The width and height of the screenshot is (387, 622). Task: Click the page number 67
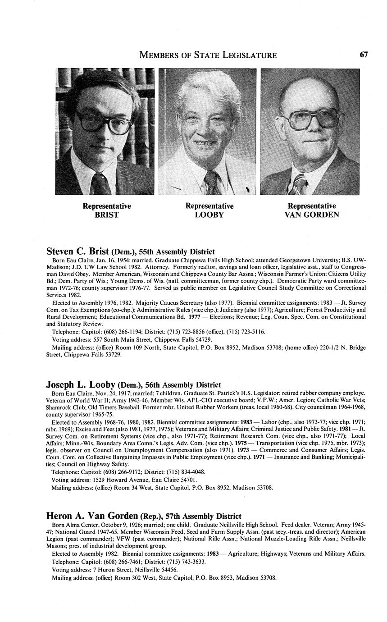(x=364, y=55)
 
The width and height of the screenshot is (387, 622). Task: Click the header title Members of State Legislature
(x=208, y=55)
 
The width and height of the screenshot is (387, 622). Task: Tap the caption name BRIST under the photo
(x=106, y=215)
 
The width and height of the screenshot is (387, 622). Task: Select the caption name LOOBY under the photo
(x=209, y=215)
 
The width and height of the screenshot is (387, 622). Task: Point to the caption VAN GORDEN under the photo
(x=311, y=215)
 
